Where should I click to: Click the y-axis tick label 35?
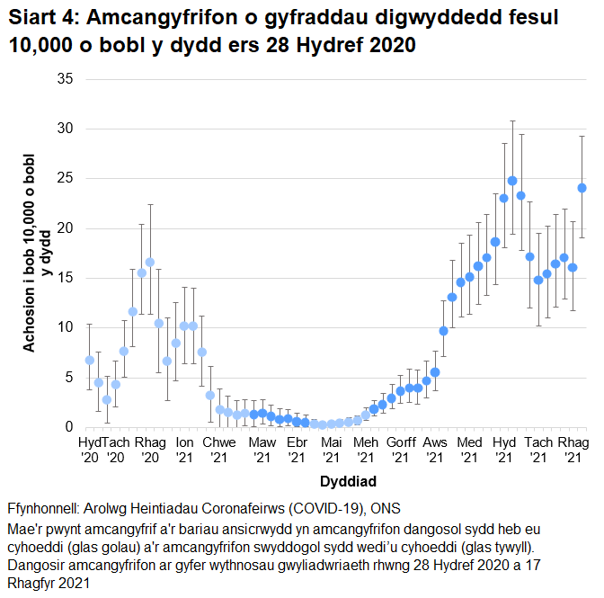[65, 78]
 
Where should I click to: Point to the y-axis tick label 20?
[65, 228]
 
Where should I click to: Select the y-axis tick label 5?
[68, 377]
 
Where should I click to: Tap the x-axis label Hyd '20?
[90, 451]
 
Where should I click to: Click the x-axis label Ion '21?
[184, 451]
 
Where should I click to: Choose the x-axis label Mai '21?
[331, 451]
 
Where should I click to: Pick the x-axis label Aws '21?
[435, 451]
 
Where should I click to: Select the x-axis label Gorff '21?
[401, 451]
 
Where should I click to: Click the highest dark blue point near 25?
[512, 181]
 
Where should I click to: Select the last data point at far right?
[582, 188]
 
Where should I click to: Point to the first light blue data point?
[89, 360]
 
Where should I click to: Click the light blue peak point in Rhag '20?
[150, 263]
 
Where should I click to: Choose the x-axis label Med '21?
[468, 451]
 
